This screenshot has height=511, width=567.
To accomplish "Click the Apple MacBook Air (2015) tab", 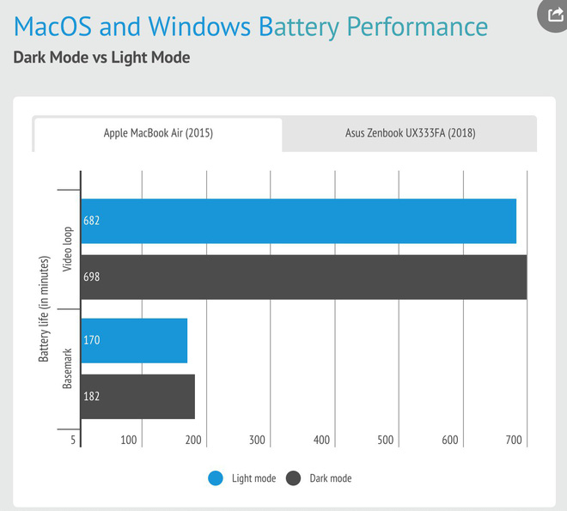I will point(158,134).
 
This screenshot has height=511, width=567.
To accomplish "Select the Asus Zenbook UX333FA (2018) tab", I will point(409,134).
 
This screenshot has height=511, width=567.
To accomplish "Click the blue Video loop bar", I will point(298,221).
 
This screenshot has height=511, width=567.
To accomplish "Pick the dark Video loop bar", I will point(303,277).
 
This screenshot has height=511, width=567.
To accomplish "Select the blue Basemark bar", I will point(134,340).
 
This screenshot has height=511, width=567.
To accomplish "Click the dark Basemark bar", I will point(137,397).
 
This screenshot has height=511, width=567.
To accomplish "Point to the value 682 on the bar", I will point(92,221).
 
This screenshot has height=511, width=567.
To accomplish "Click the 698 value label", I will point(92,277).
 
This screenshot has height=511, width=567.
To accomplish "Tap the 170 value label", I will point(92,340).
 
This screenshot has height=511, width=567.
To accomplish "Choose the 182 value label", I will point(92,397).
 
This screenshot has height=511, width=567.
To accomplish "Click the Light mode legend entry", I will point(243,478).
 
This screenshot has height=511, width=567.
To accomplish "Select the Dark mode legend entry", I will point(320,478).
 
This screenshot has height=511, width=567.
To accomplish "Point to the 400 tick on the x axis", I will point(322,441).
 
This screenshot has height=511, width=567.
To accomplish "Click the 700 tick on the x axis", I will point(515,441).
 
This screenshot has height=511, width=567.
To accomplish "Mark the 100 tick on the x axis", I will point(130,441).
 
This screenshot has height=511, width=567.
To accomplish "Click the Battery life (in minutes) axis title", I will point(44,307).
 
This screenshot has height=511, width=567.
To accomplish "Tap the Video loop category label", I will point(68,249).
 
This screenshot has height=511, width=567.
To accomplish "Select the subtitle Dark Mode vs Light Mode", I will point(101,58).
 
